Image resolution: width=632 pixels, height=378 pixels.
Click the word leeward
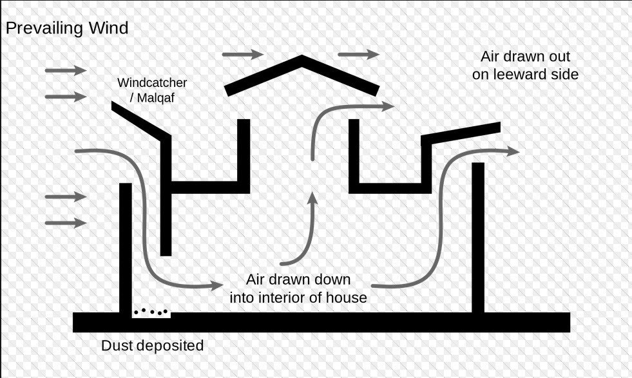[523, 75]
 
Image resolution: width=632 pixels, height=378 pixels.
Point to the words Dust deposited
[152, 346]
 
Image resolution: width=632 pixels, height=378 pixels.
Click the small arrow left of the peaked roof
[242, 54]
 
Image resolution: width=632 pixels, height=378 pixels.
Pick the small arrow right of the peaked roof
[359, 54]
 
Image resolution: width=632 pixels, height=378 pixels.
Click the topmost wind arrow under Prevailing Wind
[66, 70]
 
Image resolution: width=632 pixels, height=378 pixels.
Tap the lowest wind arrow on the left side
[66, 223]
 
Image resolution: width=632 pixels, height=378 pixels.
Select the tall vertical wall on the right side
[477, 238]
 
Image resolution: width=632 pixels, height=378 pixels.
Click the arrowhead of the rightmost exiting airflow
[513, 151]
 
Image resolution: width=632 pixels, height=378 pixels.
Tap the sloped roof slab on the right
[461, 133]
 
